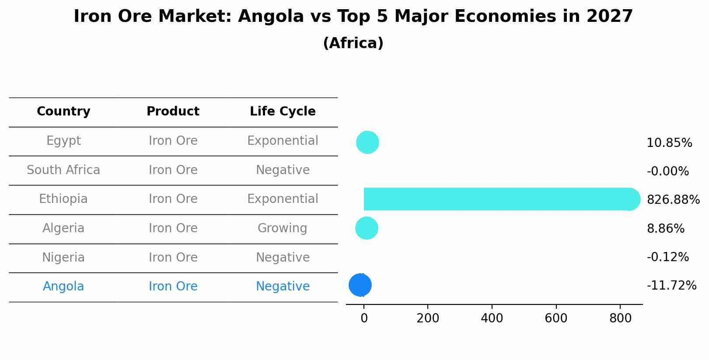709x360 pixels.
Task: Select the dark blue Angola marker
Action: click(360, 285)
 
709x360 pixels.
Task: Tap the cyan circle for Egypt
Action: click(367, 143)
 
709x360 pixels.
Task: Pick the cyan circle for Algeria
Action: click(367, 228)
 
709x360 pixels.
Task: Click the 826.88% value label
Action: click(673, 200)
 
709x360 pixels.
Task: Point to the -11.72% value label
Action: click(671, 286)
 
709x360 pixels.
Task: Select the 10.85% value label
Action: click(669, 143)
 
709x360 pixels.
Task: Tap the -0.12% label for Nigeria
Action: click(667, 257)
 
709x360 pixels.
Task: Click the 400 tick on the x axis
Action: click(492, 318)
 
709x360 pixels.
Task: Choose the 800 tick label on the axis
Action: click(620, 318)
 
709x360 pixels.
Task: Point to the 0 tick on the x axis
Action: click(364, 318)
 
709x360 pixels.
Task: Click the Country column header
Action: click(63, 112)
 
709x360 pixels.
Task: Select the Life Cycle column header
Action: click(283, 112)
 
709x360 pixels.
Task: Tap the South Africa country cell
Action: click(63, 170)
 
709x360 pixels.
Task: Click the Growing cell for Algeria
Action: click(283, 228)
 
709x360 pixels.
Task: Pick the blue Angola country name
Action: click(63, 287)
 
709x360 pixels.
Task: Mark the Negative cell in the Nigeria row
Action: click(283, 258)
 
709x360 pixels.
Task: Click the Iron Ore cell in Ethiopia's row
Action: click(173, 199)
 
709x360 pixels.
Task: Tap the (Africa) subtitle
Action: click(353, 43)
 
